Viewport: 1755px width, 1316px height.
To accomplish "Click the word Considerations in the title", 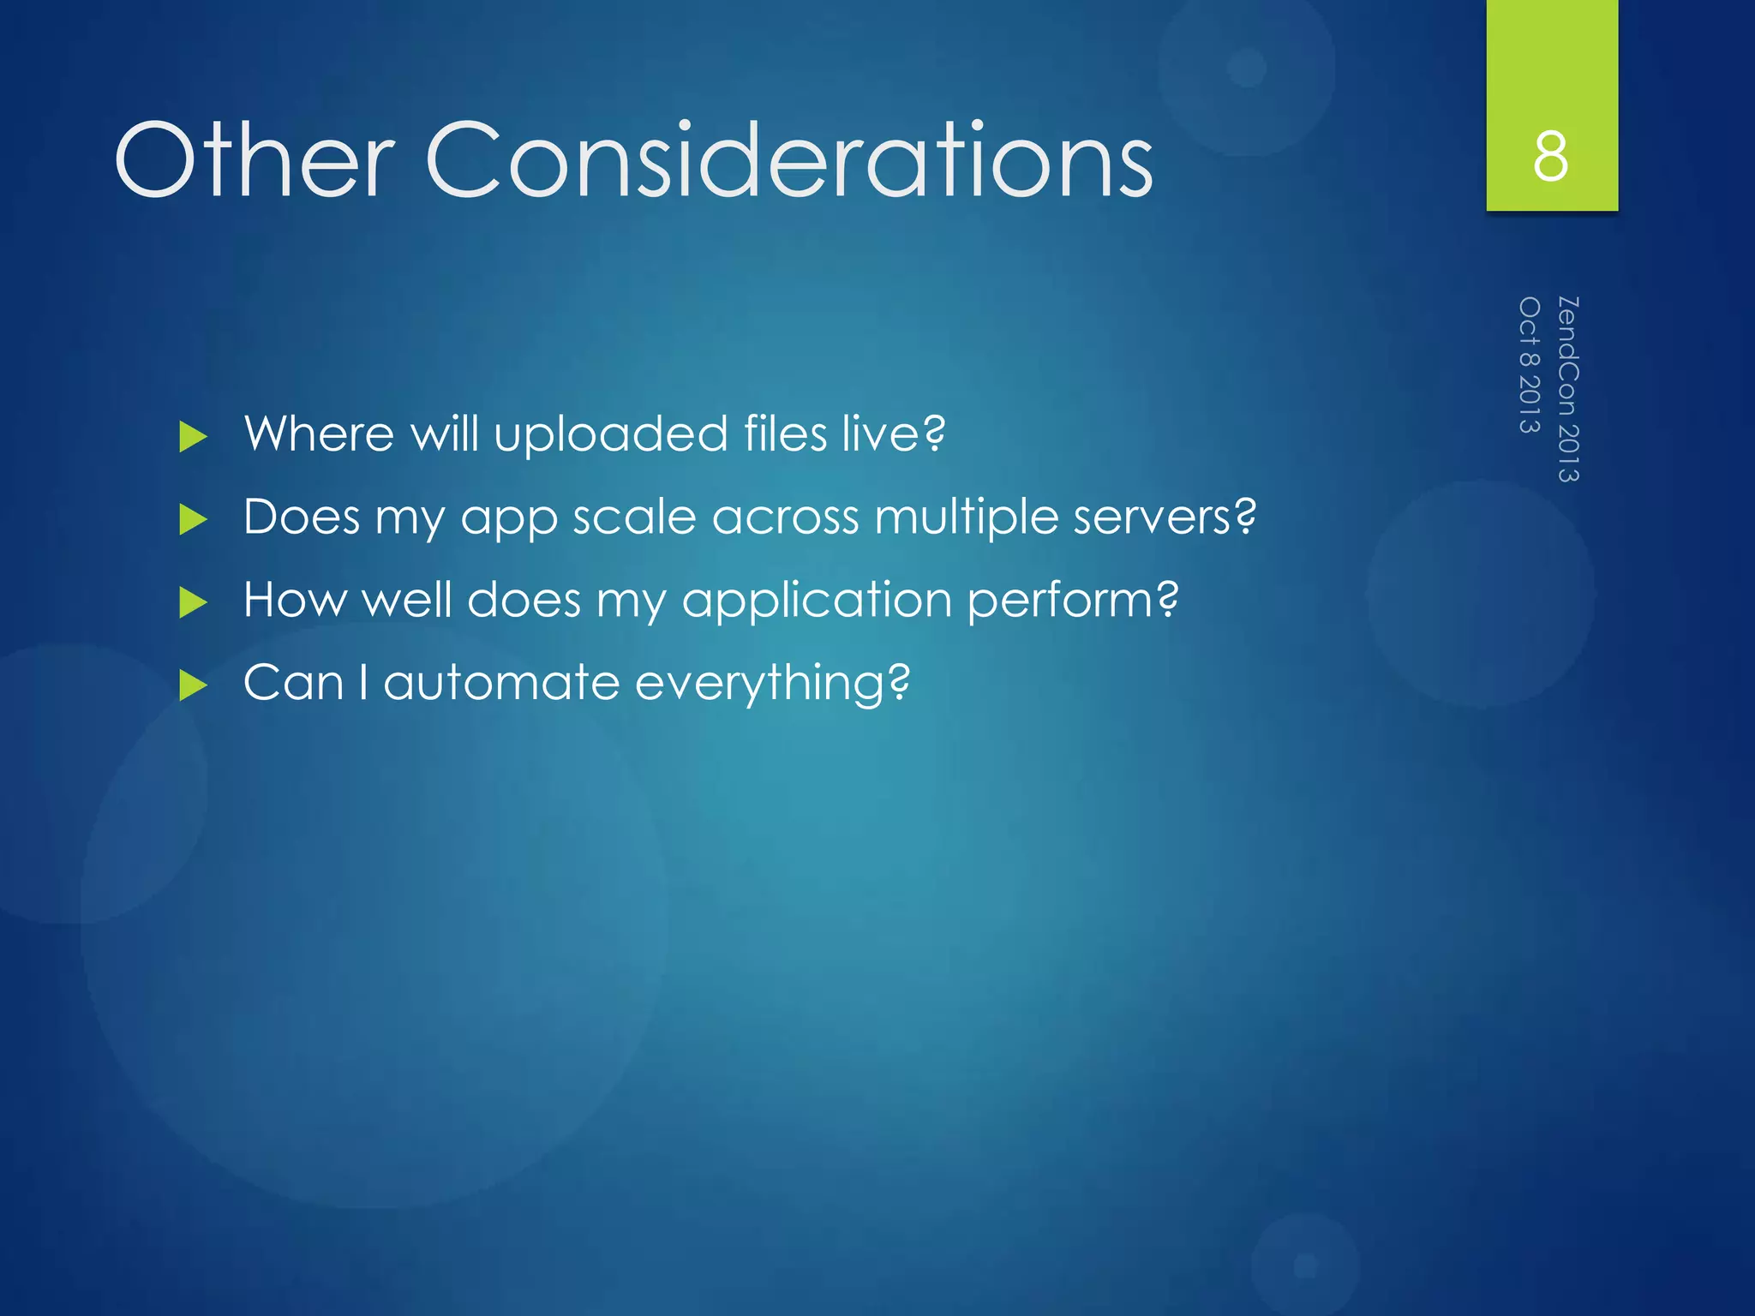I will click(788, 160).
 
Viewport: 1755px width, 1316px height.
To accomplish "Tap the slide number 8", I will click(1551, 156).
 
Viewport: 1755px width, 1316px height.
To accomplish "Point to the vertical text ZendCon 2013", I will click(1568, 389).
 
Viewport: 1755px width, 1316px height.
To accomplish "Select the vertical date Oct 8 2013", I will click(1530, 365).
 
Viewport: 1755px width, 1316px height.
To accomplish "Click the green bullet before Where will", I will click(194, 437).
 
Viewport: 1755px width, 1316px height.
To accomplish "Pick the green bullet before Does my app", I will click(194, 520).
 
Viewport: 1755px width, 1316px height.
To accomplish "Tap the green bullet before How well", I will click(194, 602).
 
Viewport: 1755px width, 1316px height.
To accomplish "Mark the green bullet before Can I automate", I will click(194, 685).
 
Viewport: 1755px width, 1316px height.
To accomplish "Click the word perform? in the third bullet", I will click(1073, 601).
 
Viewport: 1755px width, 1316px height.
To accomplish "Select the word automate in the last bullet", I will click(501, 683).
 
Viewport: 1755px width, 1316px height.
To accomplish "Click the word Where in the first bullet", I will click(319, 434).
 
